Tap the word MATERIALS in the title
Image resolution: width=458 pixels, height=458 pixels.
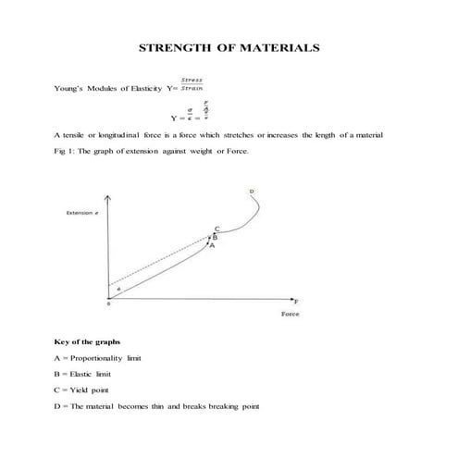click(279, 45)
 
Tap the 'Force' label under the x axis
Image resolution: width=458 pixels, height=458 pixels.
click(290, 315)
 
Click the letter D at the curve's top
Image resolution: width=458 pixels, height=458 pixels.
click(251, 192)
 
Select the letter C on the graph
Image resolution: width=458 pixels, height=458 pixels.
click(217, 229)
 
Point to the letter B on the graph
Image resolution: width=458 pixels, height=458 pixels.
click(215, 237)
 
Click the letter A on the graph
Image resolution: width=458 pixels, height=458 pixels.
click(212, 246)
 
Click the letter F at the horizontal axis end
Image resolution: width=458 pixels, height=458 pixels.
click(297, 302)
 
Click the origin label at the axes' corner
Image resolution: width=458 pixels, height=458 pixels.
click(107, 304)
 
